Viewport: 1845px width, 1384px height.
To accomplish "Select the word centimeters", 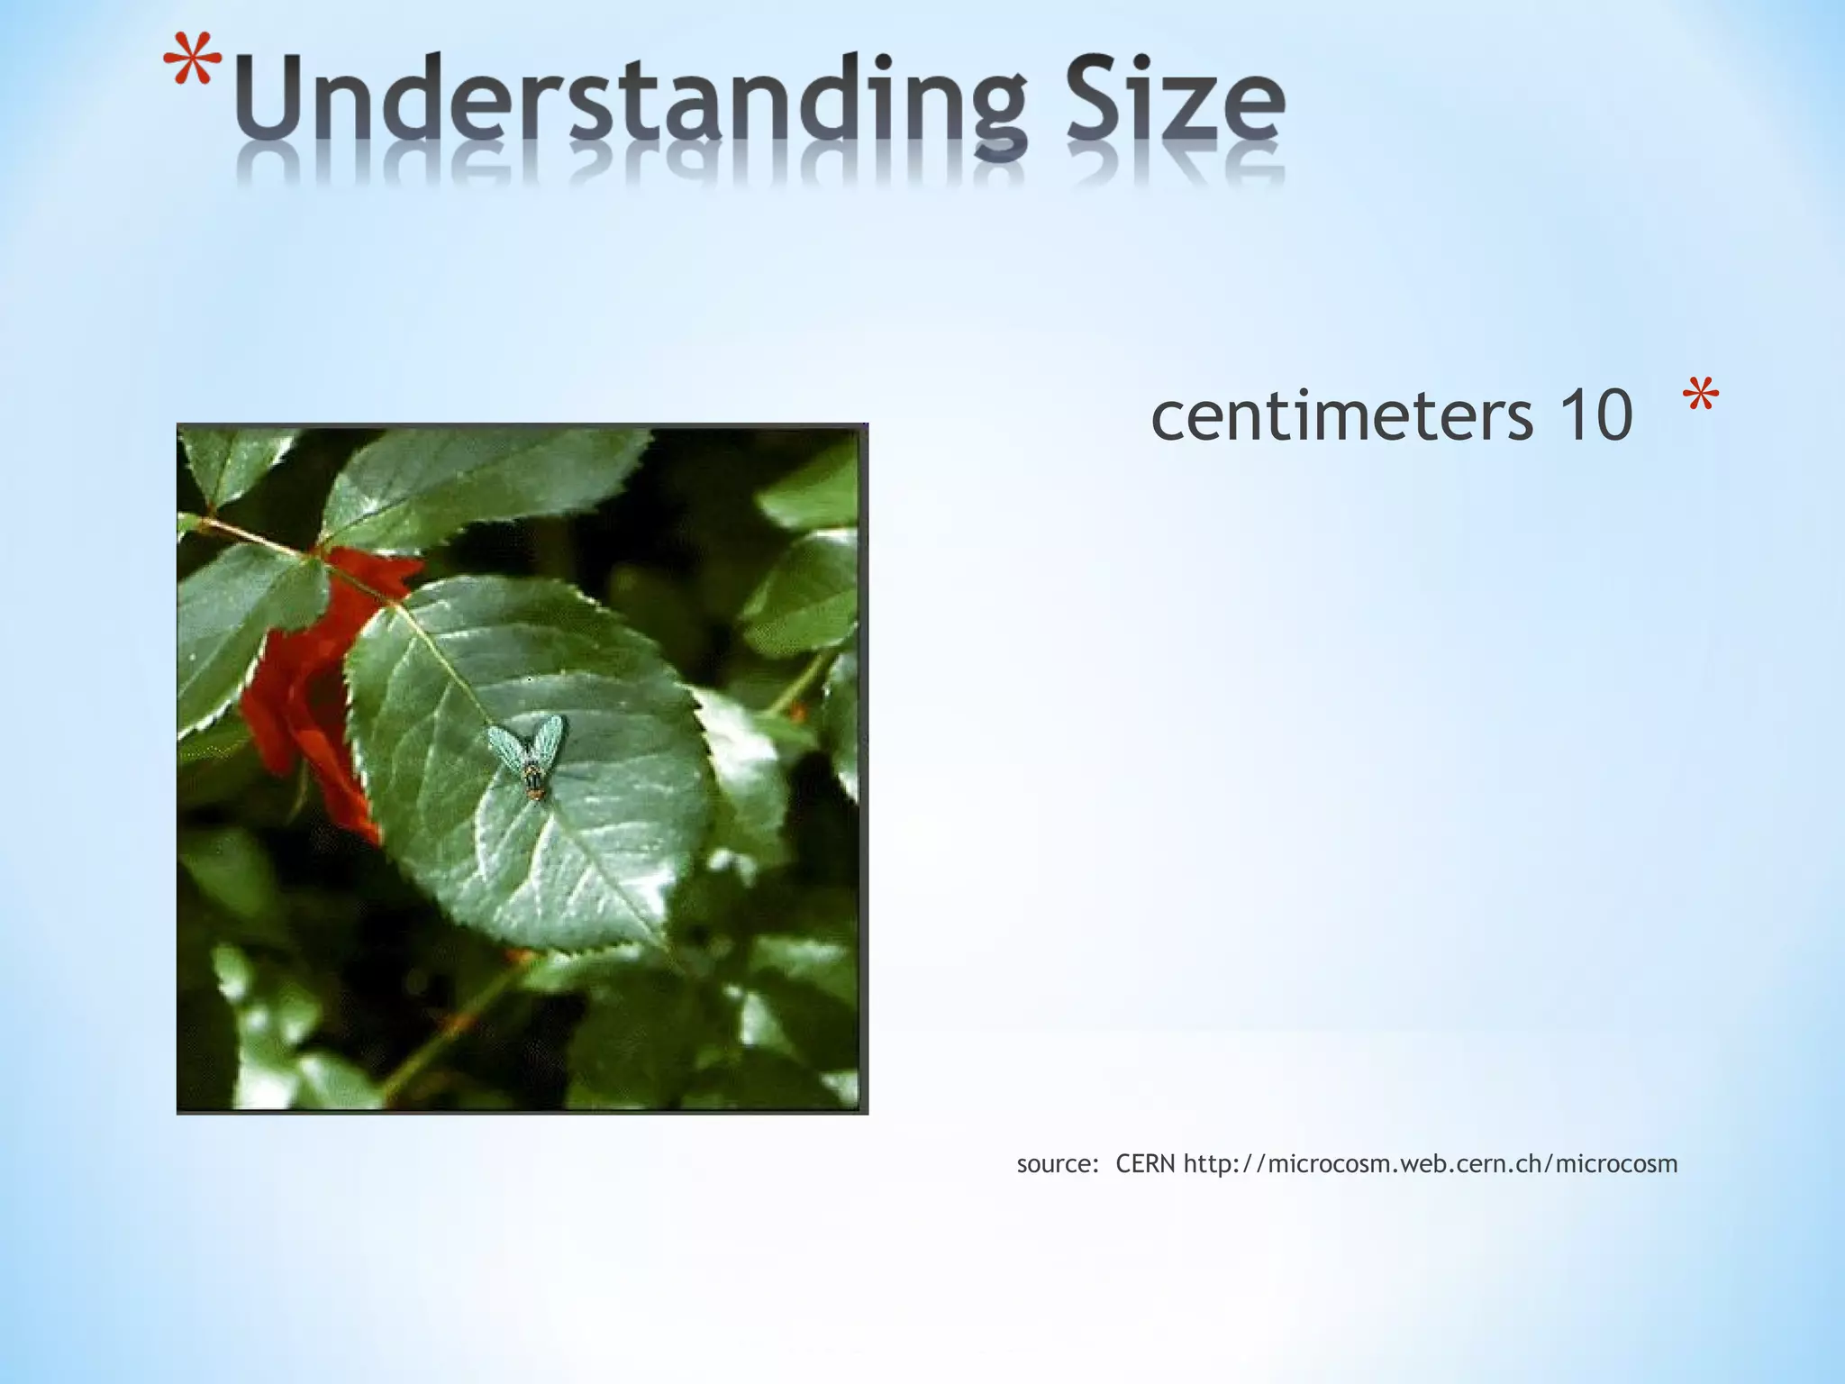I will [1341, 415].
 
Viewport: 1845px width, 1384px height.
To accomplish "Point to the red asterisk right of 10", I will [1700, 396].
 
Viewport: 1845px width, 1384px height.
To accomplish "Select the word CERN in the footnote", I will [1145, 1164].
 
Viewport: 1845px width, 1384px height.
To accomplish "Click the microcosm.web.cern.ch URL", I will [1431, 1164].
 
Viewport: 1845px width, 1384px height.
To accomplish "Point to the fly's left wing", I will [505, 744].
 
